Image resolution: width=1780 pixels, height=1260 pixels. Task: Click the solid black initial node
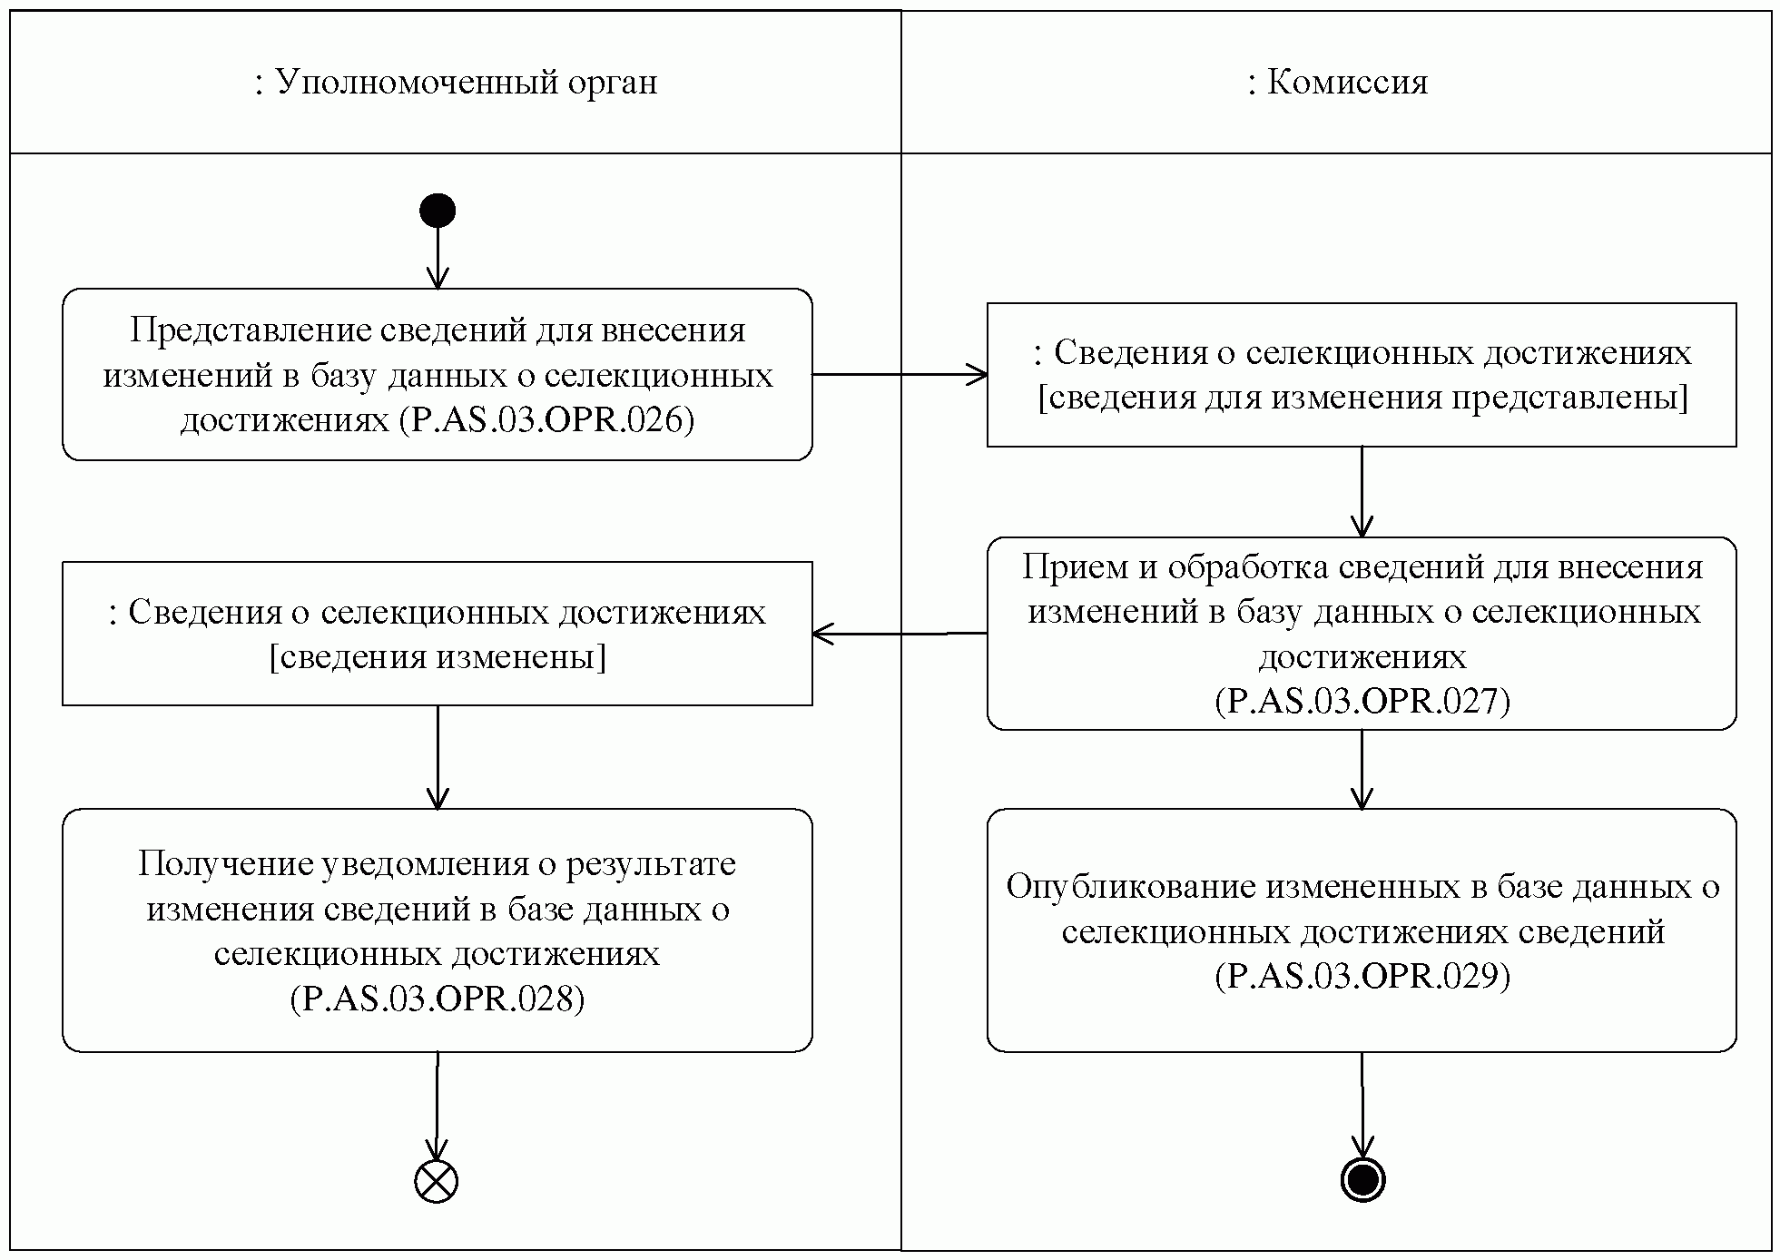tap(437, 211)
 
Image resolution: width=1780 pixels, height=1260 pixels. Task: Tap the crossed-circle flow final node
tap(437, 1181)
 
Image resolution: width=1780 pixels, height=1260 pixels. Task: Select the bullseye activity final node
tap(1362, 1180)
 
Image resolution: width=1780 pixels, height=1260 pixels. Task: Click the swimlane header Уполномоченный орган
tap(456, 83)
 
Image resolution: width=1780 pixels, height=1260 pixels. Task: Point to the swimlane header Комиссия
tap(1337, 83)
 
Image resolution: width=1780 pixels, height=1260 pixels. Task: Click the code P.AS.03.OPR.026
tap(546, 420)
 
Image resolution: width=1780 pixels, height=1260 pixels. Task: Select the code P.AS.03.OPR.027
tap(1362, 702)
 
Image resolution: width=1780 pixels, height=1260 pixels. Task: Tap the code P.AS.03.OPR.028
tap(438, 999)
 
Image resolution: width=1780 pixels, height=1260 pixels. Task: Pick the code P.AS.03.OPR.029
tap(1362, 976)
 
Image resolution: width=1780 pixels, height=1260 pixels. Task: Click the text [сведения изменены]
tap(438, 656)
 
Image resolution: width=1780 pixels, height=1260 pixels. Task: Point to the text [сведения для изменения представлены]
tap(1362, 398)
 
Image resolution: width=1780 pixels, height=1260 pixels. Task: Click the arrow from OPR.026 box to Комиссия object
tap(899, 374)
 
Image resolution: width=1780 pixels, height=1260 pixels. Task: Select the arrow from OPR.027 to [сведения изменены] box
tap(899, 634)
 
